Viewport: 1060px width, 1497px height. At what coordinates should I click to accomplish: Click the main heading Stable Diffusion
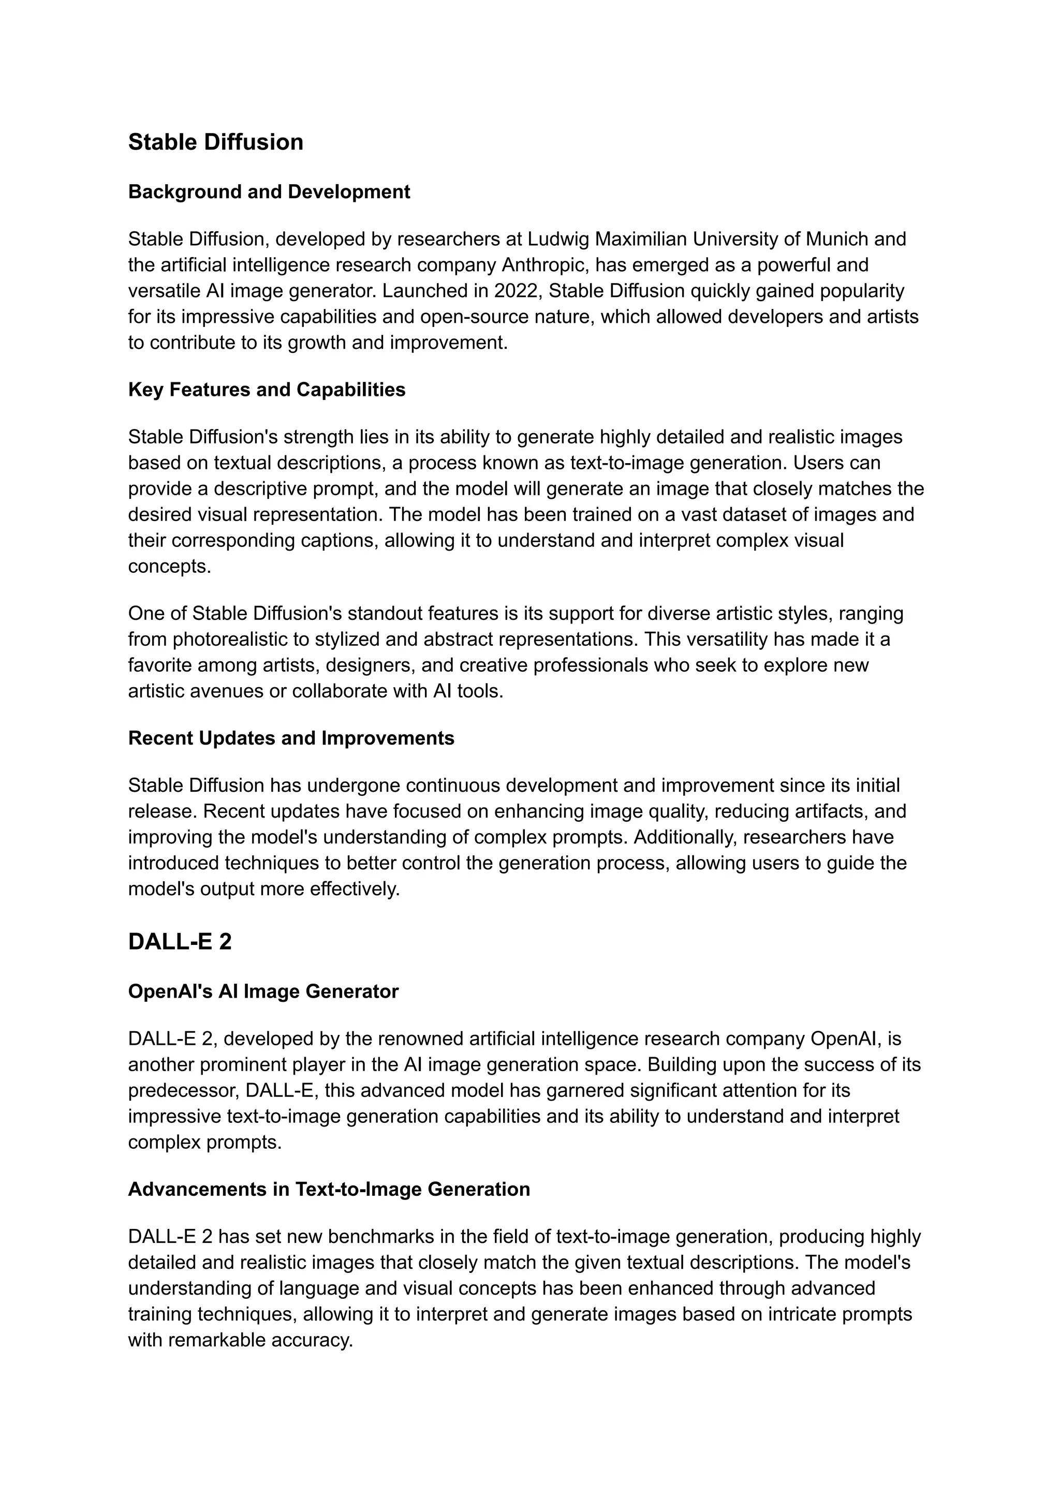215,142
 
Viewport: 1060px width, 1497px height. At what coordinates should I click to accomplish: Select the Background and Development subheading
269,192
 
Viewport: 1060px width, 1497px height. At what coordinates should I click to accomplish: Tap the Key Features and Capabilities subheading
267,390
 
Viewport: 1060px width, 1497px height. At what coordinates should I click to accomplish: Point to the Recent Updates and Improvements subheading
291,738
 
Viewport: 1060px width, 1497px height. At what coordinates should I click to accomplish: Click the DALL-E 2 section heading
180,942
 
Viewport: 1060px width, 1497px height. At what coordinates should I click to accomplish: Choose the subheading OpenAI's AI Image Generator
263,991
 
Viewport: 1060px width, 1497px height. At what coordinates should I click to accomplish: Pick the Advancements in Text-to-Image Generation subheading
329,1189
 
